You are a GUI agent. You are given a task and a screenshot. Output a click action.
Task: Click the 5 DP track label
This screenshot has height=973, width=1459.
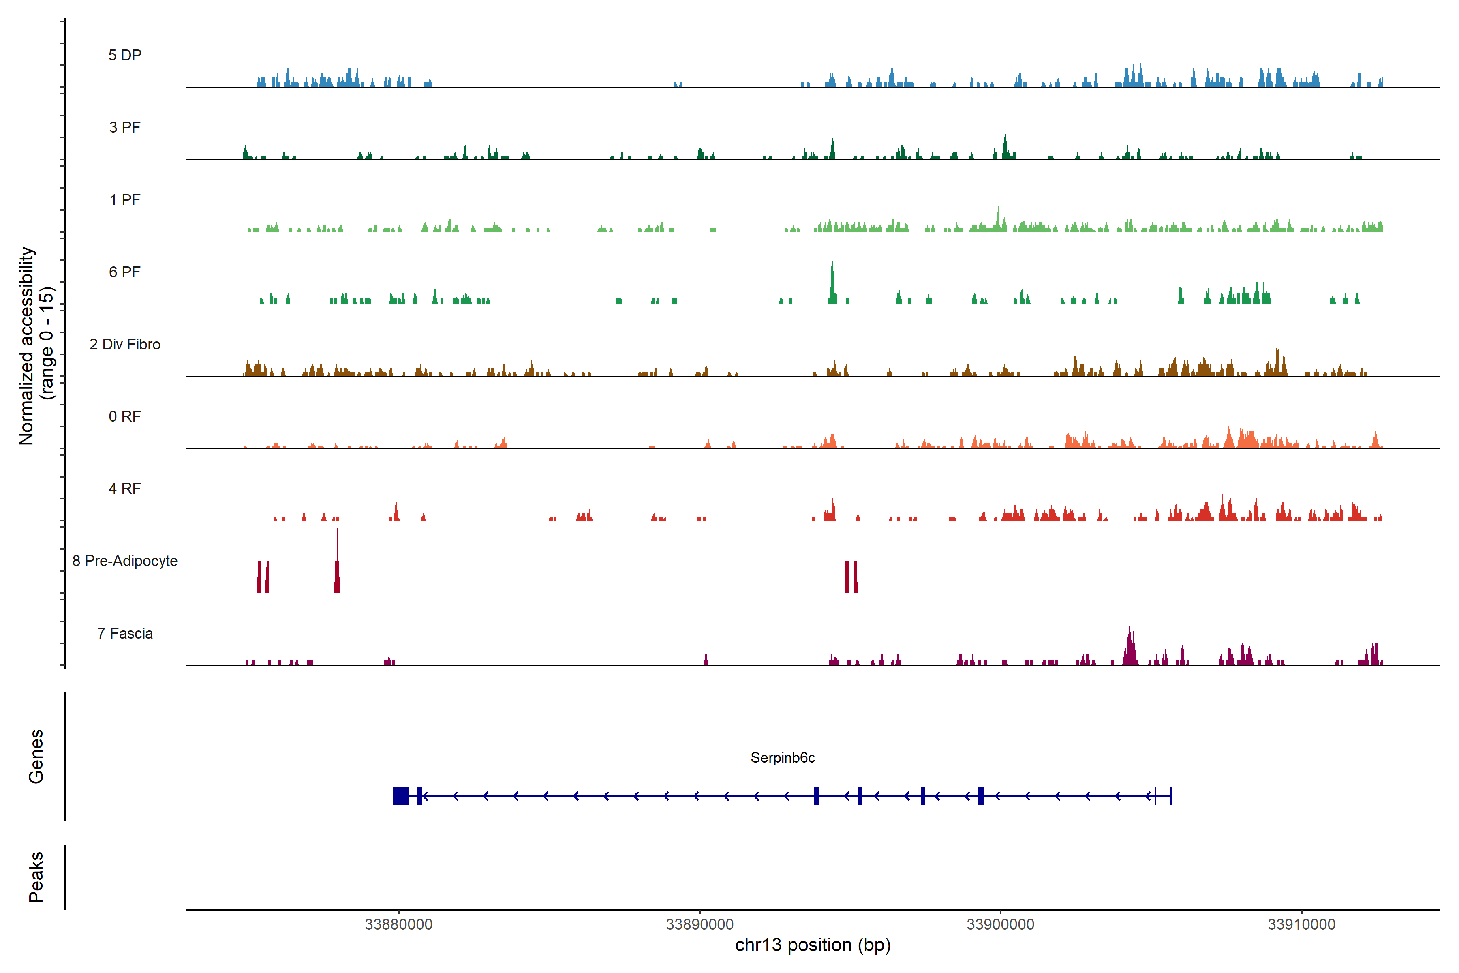[x=125, y=55]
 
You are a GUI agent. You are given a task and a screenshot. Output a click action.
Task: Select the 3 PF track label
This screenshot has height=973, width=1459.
[x=125, y=127]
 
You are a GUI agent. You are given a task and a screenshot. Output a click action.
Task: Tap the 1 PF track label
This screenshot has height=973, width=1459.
[x=125, y=200]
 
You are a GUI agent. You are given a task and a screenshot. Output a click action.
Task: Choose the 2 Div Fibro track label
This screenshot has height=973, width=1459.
[x=125, y=344]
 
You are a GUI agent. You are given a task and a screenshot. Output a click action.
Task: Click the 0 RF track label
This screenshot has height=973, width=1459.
[x=125, y=416]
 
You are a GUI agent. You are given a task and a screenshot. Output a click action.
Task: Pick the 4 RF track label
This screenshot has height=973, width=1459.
[x=125, y=489]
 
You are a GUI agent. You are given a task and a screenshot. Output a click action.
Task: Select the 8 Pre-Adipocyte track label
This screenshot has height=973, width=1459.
[x=125, y=561]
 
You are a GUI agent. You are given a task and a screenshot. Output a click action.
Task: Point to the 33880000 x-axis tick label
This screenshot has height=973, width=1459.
[x=398, y=925]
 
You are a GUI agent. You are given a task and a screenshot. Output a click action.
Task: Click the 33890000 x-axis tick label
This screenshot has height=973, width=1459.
[x=700, y=925]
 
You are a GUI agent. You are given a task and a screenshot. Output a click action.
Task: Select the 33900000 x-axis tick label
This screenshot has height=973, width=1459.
[x=1001, y=925]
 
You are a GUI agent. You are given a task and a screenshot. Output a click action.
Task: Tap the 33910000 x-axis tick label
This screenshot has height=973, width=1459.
[x=1301, y=925]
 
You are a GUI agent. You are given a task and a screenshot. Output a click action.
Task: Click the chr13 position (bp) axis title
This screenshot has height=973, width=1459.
[x=813, y=945]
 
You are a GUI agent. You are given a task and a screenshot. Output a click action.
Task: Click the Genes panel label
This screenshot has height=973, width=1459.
[x=36, y=757]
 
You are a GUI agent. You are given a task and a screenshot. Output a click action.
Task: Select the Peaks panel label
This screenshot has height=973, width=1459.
[x=36, y=877]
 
